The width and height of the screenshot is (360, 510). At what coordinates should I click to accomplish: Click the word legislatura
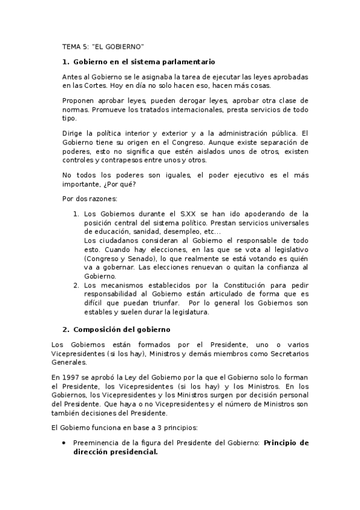[188, 312]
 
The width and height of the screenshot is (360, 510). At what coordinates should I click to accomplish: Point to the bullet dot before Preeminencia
[64, 443]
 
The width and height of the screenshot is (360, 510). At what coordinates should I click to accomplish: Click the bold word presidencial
[132, 452]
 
